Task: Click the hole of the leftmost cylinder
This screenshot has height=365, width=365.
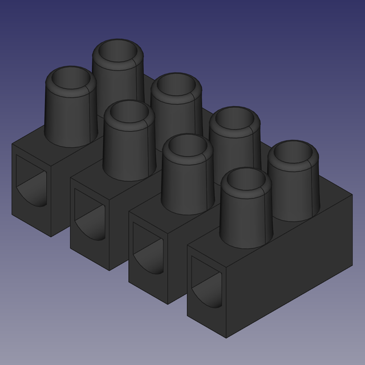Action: [71, 80]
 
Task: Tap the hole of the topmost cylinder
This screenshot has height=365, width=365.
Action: [118, 54]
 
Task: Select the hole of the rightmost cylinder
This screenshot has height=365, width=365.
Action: [293, 154]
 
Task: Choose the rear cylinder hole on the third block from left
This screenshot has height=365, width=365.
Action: [234, 120]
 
